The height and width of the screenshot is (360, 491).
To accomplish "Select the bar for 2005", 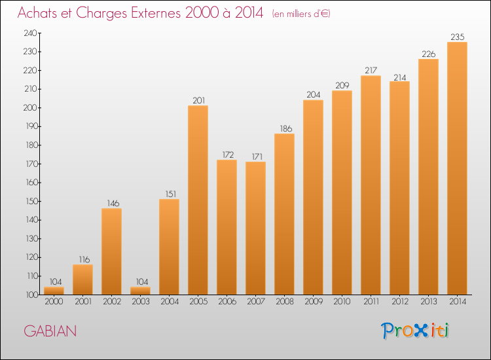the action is click(x=198, y=200).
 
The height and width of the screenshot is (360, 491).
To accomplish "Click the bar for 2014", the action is click(x=457, y=168).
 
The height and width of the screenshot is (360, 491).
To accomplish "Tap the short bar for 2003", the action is click(x=140, y=291).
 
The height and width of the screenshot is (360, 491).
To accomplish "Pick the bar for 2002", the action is click(x=111, y=251).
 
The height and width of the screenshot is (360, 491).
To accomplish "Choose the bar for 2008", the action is click(x=284, y=214).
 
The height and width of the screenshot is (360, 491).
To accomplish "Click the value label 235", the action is click(x=457, y=37).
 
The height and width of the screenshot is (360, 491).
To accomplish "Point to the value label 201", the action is click(x=198, y=101).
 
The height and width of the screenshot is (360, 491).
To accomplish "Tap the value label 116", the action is click(x=84, y=259).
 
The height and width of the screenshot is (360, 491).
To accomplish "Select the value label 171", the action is click(x=257, y=156).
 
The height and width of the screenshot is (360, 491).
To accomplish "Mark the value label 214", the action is click(x=399, y=77).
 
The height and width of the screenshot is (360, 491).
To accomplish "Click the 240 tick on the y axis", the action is click(x=30, y=33).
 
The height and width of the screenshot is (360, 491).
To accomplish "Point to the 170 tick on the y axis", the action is click(x=31, y=164).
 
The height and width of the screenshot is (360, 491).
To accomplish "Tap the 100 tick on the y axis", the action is click(x=31, y=295).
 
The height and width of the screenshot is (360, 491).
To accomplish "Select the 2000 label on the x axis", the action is click(x=54, y=302).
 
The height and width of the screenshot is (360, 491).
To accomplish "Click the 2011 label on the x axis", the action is click(x=371, y=302).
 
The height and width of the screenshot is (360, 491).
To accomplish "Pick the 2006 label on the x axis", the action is click(x=227, y=302).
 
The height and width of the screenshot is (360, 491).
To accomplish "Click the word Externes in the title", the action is click(x=156, y=12).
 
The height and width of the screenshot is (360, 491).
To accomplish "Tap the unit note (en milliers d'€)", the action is click(x=301, y=14).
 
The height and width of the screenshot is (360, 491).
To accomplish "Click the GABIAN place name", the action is click(x=50, y=331).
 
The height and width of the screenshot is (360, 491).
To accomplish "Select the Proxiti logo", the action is click(x=415, y=331).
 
